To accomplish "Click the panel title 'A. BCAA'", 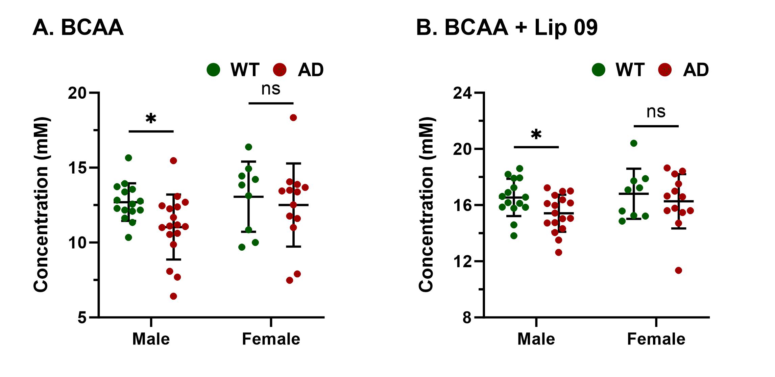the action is click(78, 27).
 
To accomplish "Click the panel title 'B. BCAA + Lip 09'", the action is click(507, 27).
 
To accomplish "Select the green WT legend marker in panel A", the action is click(213, 70).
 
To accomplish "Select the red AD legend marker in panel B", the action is click(665, 70).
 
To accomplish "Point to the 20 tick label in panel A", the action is click(77, 93).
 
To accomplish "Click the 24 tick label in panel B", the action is click(462, 93).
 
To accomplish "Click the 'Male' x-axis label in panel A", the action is click(151, 339).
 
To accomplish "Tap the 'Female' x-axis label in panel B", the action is click(656, 339).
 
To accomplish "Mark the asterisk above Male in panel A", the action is click(151, 119).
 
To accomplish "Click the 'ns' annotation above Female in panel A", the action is click(271, 89).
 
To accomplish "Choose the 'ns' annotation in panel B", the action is click(656, 112).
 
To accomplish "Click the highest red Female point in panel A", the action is click(293, 118).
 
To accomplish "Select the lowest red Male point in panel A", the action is click(173, 296).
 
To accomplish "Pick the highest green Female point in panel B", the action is click(634, 143).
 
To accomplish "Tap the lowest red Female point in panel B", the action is click(678, 270).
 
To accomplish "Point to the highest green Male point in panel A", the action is click(128, 158).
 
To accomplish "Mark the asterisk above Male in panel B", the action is click(536, 135).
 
